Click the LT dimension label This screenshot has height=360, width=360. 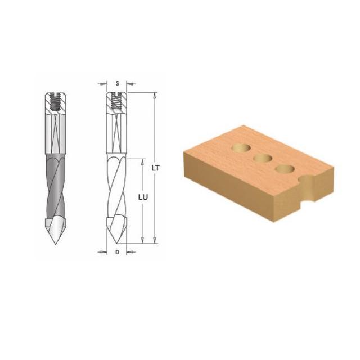pyautogui.click(x=155, y=168)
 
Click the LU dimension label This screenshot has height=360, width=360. pyautogui.click(x=143, y=197)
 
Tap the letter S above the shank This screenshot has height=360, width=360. pyautogui.click(x=118, y=83)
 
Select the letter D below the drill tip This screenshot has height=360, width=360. pyautogui.click(x=118, y=252)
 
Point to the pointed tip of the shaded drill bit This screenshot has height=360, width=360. pyautogui.click(x=55, y=244)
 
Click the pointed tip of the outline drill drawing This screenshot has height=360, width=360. pyautogui.click(x=118, y=243)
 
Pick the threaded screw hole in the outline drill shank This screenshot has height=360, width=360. pyautogui.click(x=116, y=101)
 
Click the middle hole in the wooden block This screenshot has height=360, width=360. pyautogui.click(x=263, y=158)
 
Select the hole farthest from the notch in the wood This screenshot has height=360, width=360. pyautogui.click(x=241, y=148)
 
